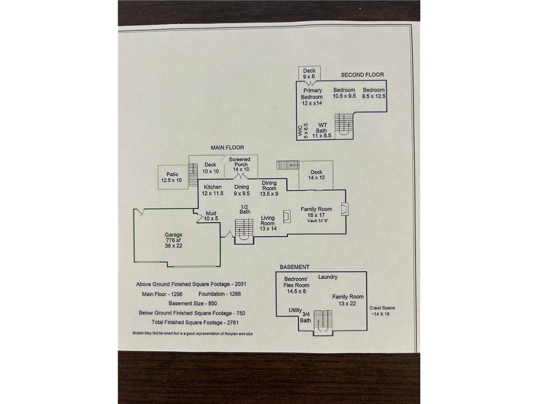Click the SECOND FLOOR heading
click(x=363, y=75)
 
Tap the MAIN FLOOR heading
click(x=227, y=147)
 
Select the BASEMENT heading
click(x=294, y=267)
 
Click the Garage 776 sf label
click(x=173, y=240)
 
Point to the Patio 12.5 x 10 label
click(x=172, y=177)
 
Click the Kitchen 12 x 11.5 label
click(x=213, y=190)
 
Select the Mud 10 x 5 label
click(x=211, y=216)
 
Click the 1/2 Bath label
click(x=245, y=209)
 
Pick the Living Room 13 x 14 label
click(x=268, y=223)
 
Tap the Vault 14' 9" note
click(x=318, y=221)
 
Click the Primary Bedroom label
click(x=312, y=97)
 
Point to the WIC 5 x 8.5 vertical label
click(x=303, y=130)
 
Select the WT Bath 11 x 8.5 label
click(x=322, y=130)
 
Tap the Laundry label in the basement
click(x=328, y=277)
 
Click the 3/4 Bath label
click(x=306, y=317)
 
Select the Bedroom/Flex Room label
click(x=296, y=285)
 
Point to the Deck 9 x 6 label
click(x=309, y=74)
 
